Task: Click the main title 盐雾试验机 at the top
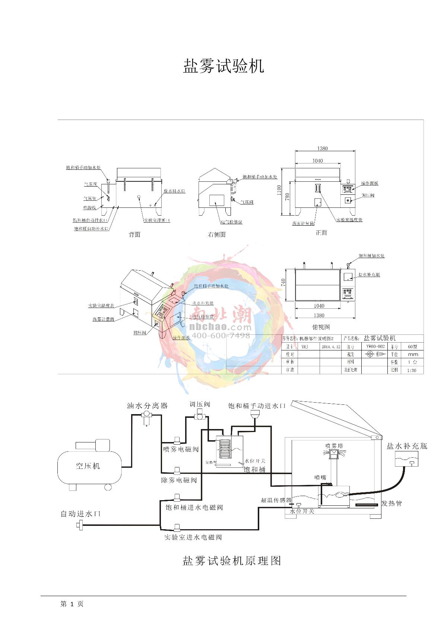pyautogui.click(x=223, y=66)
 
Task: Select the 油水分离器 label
pyautogui.click(x=147, y=406)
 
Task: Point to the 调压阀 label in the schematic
pyautogui.click(x=200, y=404)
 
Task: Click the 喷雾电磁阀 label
pyautogui.click(x=181, y=450)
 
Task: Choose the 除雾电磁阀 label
pyautogui.click(x=179, y=480)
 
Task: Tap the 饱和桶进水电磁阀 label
pyautogui.click(x=194, y=507)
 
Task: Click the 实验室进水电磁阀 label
pyautogui.click(x=193, y=537)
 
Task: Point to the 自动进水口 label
pyautogui.click(x=80, y=514)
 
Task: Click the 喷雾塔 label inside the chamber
pyautogui.click(x=334, y=446)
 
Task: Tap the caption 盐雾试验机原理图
pyautogui.click(x=232, y=561)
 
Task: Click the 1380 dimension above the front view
pyautogui.click(x=323, y=148)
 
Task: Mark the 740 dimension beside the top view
pyautogui.click(x=283, y=283)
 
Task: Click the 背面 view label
pyautogui.click(x=134, y=235)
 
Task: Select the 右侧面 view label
pyautogui.click(x=217, y=235)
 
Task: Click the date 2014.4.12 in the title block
pyautogui.click(x=331, y=346)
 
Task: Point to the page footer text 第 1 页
pyautogui.click(x=72, y=604)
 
